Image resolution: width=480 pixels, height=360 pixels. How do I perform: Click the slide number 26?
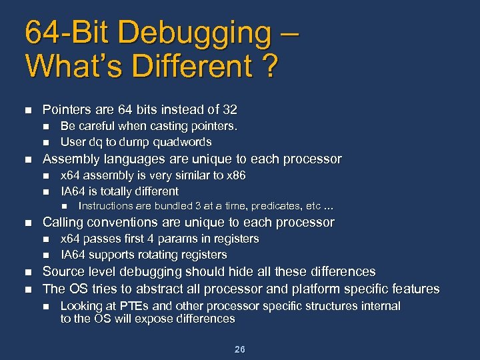point(240,349)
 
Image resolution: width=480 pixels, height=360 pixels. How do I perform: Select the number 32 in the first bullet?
point(230,109)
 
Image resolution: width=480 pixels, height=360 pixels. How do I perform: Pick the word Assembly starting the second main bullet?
point(71,159)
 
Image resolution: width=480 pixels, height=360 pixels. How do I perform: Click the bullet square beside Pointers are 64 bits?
point(27,109)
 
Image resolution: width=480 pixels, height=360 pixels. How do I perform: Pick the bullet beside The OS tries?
point(27,289)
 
